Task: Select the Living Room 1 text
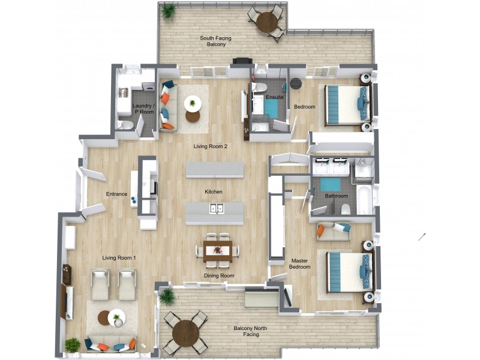[x=119, y=258]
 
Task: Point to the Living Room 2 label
[x=210, y=146]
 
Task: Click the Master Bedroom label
[x=300, y=264]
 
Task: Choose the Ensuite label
[x=274, y=97]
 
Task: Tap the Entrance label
[x=116, y=194]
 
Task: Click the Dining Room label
[x=218, y=276]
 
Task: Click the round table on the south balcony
[x=266, y=22]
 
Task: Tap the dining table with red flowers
[x=217, y=250]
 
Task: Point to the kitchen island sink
[x=216, y=209]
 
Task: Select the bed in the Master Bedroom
[x=348, y=272]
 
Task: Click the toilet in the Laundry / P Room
[x=124, y=125]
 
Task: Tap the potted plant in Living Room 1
[x=72, y=345]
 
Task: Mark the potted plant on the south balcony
[x=169, y=11]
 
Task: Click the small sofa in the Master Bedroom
[x=333, y=231]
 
